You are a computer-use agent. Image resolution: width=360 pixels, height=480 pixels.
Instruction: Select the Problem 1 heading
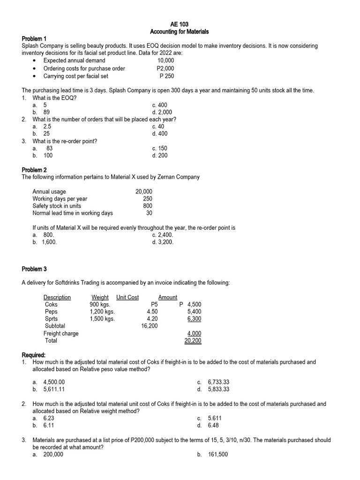coord(35,38)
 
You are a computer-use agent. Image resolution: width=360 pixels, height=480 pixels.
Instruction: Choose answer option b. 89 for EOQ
coord(41,112)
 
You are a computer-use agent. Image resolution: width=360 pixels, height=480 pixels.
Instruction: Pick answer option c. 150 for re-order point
coord(159,148)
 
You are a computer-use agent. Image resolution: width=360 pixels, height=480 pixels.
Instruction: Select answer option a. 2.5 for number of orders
coord(42,127)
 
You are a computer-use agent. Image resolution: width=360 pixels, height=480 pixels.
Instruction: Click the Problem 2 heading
coord(35,170)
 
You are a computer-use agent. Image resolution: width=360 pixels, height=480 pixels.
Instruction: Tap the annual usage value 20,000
coord(143,192)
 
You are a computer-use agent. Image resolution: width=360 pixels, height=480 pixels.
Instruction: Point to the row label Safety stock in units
coord(57,206)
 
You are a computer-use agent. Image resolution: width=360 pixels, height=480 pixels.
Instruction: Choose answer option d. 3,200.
coord(163,242)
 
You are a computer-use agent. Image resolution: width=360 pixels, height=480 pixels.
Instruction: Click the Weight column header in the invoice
coord(100,297)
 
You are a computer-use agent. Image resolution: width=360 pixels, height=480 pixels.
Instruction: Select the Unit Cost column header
coord(127,297)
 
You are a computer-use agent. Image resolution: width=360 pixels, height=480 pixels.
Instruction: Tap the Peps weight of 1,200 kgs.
coord(102,311)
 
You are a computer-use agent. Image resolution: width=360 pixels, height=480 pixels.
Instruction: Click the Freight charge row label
coord(61,333)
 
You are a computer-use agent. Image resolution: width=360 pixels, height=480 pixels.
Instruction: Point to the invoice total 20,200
coord(193,341)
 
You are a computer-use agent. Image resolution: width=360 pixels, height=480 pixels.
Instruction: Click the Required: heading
coord(34,355)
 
